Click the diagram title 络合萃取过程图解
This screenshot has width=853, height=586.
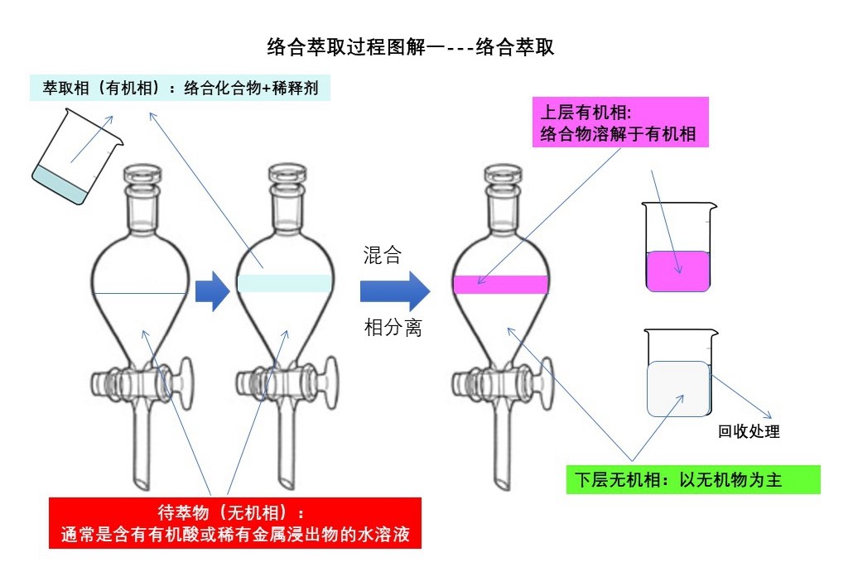[x=411, y=47]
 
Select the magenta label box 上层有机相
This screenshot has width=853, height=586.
[x=619, y=122]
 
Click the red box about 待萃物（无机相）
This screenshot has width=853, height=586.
[x=235, y=522]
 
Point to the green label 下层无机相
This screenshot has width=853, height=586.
[x=692, y=480]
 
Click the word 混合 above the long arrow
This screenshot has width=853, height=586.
[x=383, y=256]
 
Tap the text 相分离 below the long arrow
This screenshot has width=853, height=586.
[x=393, y=328]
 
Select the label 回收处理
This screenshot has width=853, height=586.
[x=749, y=431]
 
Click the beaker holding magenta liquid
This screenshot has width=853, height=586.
[x=677, y=248]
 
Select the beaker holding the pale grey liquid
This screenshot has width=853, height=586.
[x=678, y=374]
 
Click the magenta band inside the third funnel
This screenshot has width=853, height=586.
[x=501, y=285]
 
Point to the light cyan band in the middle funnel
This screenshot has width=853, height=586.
[x=284, y=282]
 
